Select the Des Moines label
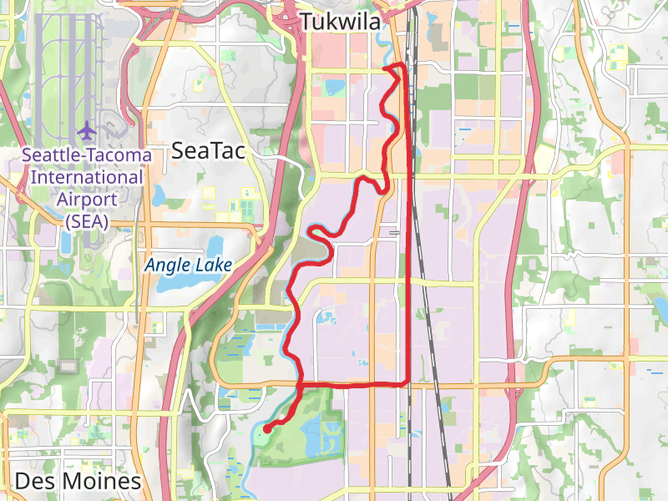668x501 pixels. (78, 482)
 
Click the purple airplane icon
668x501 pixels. (87, 131)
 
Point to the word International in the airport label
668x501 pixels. (88, 177)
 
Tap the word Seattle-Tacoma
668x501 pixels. (88, 155)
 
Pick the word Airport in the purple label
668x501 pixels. (88, 199)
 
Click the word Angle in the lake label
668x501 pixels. (165, 266)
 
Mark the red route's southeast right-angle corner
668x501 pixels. (408, 383)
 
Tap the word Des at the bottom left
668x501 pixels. (32, 482)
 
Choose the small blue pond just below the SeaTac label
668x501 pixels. (159, 195)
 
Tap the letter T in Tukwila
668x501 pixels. (306, 22)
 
